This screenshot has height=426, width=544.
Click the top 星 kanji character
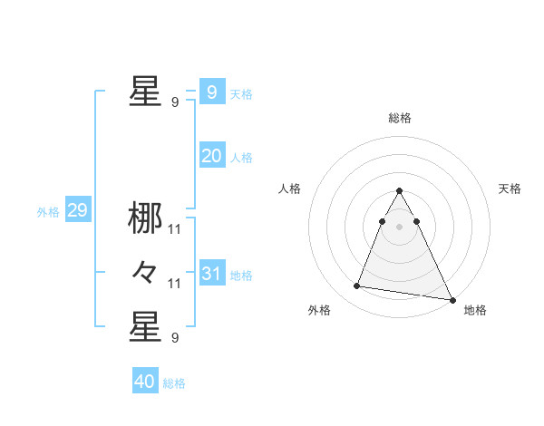pos(145,91)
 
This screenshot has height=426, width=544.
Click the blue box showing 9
pos(211,92)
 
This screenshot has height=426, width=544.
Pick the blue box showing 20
pos(211,156)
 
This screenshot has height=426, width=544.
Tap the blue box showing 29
pos(77,211)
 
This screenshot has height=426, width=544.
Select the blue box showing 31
pos(211,274)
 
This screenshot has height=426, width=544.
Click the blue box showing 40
pos(145,382)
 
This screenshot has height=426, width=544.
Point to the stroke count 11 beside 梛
pos(175,229)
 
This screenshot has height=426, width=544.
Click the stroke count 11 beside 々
pos(175,284)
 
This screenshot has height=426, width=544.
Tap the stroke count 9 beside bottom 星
pos(175,338)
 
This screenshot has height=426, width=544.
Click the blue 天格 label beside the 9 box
pos(241,94)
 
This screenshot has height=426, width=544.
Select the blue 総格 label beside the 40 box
pos(174,383)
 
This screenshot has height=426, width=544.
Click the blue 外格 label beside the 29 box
pos(48,213)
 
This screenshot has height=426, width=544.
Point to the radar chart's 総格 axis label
pos(400,118)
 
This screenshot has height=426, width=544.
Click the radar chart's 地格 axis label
pos(475,310)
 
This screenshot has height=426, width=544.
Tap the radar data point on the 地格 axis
pos(452,299)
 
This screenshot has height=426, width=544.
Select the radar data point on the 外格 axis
pos(357,286)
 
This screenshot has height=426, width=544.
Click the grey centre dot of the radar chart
pos(400,227)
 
